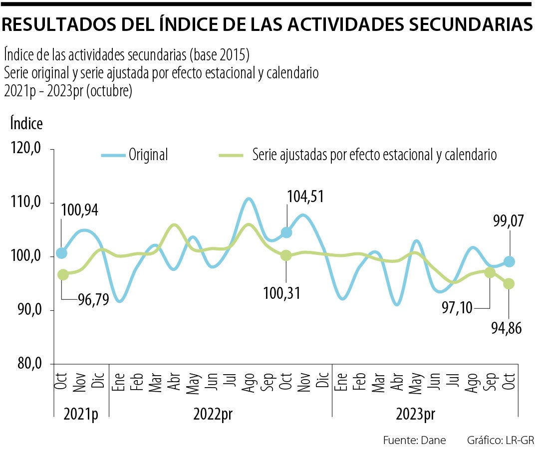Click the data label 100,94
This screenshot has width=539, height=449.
click(x=80, y=210)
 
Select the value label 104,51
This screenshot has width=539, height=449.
click(x=305, y=197)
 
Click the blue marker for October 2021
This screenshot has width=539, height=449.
click(x=61, y=253)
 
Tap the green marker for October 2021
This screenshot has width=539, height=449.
click(x=63, y=274)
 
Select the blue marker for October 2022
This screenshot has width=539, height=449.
click(x=286, y=232)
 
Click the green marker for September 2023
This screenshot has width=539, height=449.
click(x=490, y=272)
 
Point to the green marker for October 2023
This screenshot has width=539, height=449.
click(x=509, y=283)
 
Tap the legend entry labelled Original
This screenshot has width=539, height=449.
click(x=148, y=155)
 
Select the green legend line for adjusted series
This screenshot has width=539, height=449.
click(x=231, y=155)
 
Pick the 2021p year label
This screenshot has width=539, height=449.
click(x=81, y=415)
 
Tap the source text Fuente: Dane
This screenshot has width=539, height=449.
click(x=414, y=440)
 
